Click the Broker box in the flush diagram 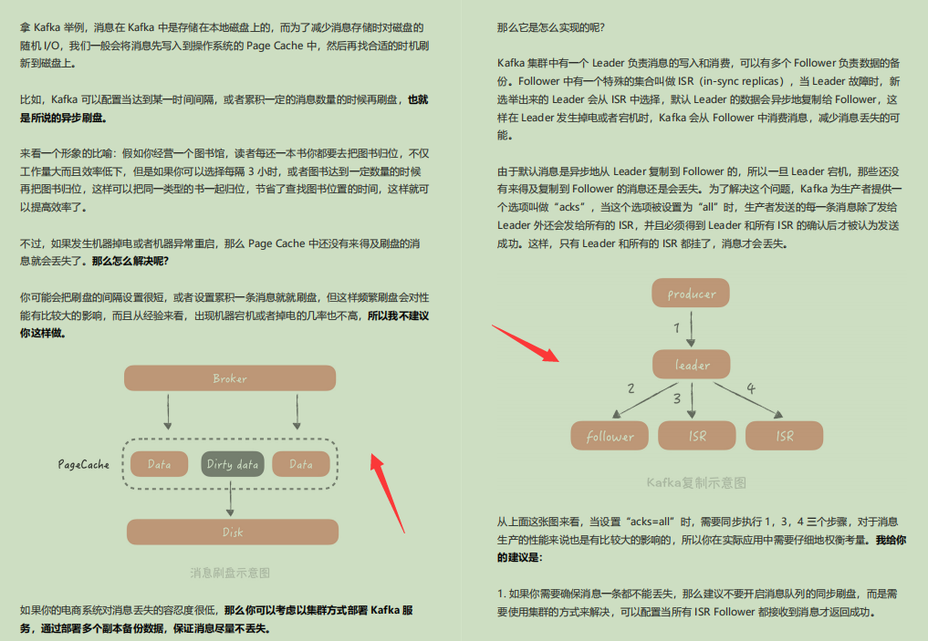(230, 378)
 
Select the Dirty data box (232, 464)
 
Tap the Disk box (232, 532)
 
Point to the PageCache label (84, 464)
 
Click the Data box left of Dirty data (159, 464)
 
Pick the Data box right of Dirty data (301, 464)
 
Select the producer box (692, 294)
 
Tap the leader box (692, 365)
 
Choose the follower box (610, 436)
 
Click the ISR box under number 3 (697, 436)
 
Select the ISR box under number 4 (784, 436)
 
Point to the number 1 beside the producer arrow (677, 326)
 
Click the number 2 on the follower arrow (631, 389)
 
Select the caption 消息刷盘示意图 (230, 574)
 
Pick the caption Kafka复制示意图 (696, 482)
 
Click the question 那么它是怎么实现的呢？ (550, 27)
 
